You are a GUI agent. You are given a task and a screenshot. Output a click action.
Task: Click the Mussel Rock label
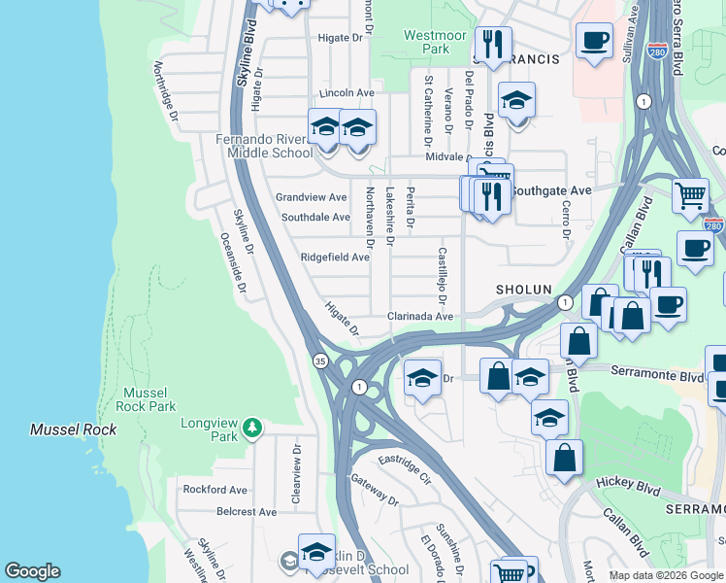(x=73, y=429)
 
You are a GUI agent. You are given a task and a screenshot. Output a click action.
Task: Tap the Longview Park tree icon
(x=252, y=427)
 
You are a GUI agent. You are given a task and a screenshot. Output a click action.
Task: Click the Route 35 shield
(x=321, y=360)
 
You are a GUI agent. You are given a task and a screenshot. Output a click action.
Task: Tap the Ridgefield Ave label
(x=335, y=257)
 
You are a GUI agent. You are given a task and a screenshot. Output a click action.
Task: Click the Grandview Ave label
(x=311, y=197)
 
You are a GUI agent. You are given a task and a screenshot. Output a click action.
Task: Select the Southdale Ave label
(x=315, y=217)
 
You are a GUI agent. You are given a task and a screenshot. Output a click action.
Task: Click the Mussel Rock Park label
(x=148, y=399)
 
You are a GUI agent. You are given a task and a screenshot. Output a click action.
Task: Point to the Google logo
(x=32, y=571)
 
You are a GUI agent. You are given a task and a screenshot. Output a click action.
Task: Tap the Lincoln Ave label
(x=346, y=93)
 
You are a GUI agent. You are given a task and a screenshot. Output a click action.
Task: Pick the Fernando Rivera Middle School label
(x=264, y=146)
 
